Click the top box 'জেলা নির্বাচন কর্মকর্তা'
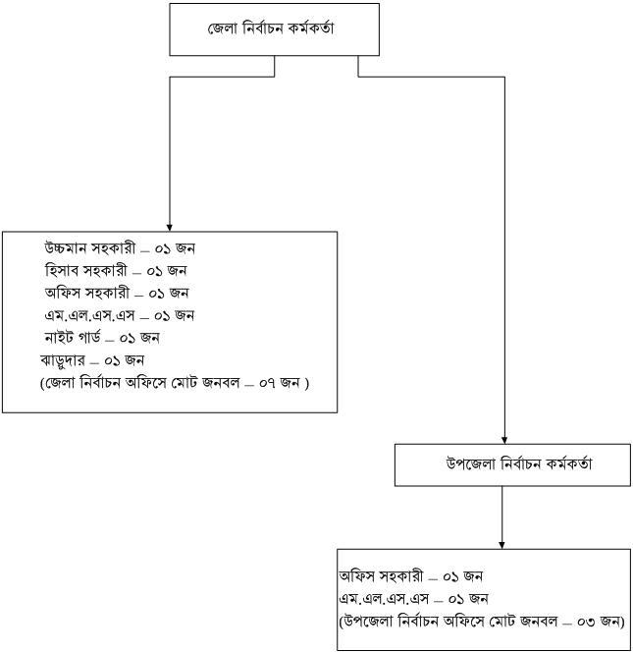pos(271,28)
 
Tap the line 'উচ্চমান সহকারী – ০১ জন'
pos(126,248)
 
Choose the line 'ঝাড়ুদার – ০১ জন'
pos(92,360)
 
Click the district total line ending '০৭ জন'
pos(175,383)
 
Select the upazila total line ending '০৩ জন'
pos(482,622)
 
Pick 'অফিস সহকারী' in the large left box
pos(87,293)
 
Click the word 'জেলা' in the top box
pos(224,28)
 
